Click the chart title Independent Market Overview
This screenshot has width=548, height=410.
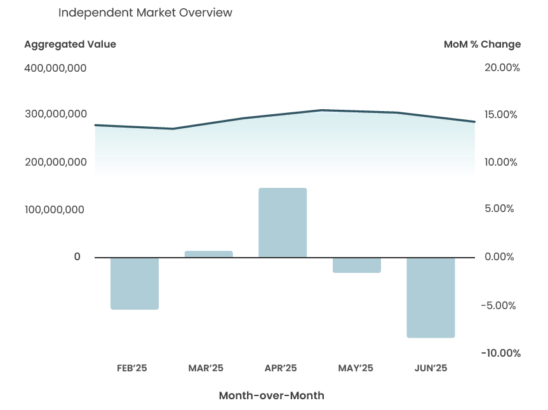coord(145,13)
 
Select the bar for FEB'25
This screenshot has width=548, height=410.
coord(135,283)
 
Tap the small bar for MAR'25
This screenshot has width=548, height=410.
coord(208,254)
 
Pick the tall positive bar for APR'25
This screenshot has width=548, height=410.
coord(283,223)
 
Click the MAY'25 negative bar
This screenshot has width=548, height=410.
coord(357,265)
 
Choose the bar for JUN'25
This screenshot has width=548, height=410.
coord(431,297)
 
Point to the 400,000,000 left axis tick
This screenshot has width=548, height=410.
coord(55,68)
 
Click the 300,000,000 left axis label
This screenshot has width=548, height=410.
coord(55,114)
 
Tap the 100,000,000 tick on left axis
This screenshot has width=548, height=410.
coord(55,209)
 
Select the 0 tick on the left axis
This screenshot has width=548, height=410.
coord(77,256)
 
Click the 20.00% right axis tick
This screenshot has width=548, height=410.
coord(502,68)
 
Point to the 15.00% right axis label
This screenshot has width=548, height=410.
coord(502,115)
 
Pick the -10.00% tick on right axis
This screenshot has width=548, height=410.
coord(500,353)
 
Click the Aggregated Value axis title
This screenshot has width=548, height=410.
coord(70,44)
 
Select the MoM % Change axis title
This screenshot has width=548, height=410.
coord(482,44)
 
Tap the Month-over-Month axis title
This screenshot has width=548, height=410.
coord(271,395)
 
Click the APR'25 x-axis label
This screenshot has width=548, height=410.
coord(281,368)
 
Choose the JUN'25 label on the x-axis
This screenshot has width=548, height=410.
coord(431,368)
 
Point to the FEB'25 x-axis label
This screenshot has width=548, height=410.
coord(132,368)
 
